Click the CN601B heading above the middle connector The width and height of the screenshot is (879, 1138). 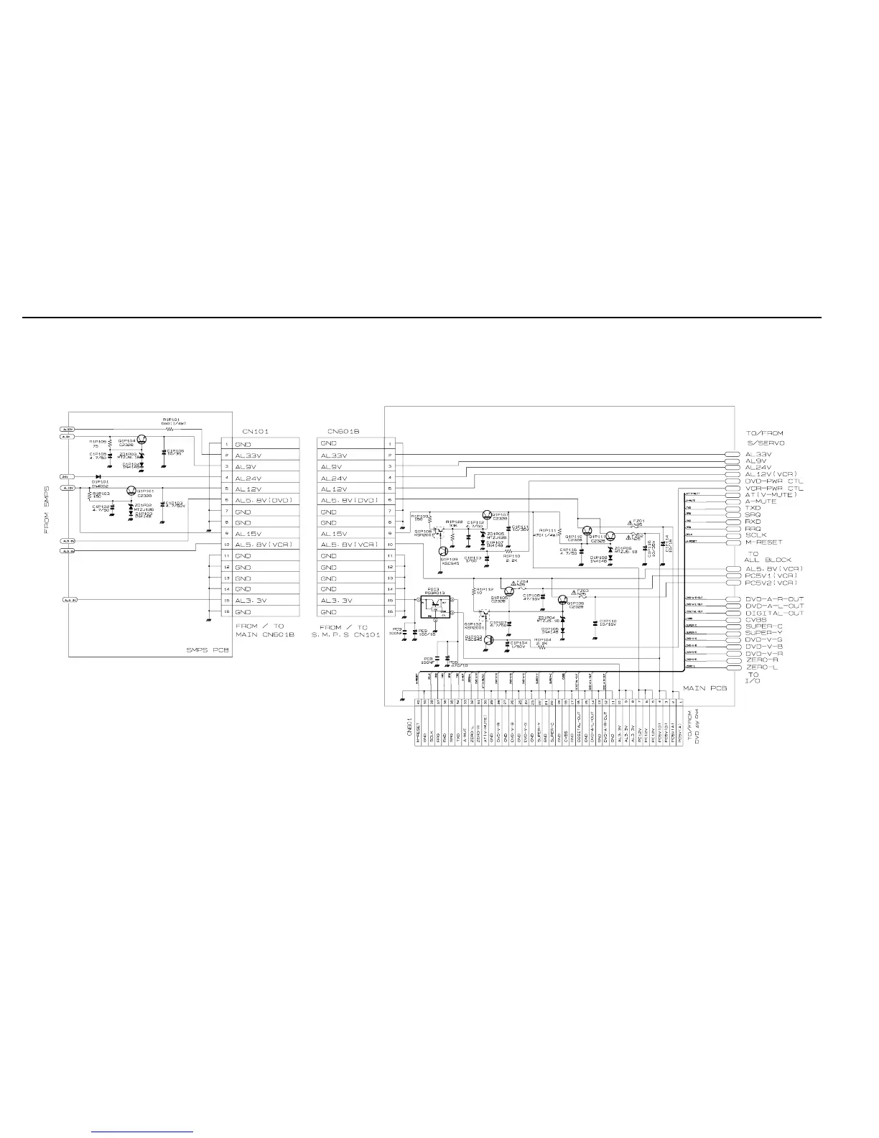[x=343, y=431]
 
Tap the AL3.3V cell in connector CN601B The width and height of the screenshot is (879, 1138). [x=335, y=601]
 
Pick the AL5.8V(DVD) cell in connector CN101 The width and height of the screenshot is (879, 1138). [x=264, y=501]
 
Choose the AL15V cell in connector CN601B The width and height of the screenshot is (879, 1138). [x=334, y=534]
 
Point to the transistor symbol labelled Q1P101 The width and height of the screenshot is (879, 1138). [x=131, y=491]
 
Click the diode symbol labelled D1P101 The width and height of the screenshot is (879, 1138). [x=97, y=476]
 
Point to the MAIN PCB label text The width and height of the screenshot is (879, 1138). [x=704, y=688]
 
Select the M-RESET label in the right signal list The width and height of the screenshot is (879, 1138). [x=763, y=542]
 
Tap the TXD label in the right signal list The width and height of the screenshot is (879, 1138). [x=753, y=508]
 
